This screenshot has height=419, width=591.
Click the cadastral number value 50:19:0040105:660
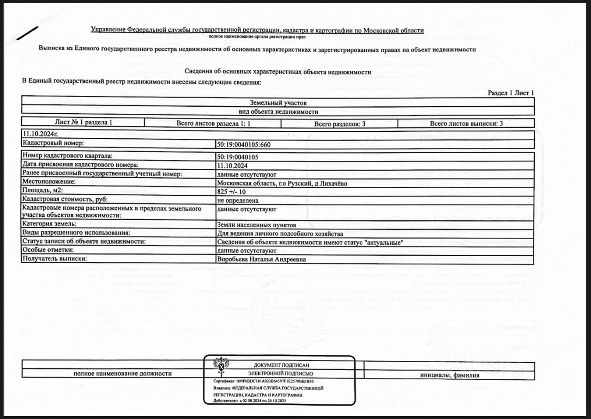point(243,144)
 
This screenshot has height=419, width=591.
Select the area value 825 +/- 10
point(231,191)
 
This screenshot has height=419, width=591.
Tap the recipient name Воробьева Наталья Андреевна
point(261,259)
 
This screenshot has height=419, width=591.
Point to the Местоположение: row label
point(49,182)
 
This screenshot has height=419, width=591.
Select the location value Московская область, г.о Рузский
point(282,183)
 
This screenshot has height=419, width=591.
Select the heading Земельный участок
point(278,103)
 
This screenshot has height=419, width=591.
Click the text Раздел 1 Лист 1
point(511,93)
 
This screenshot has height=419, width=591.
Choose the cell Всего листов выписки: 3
point(466,123)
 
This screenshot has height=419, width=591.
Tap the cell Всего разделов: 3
point(340,123)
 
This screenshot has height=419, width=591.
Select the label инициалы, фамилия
point(449,375)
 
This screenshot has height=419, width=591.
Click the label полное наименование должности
point(123,374)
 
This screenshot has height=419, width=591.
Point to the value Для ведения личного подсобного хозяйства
point(280,234)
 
